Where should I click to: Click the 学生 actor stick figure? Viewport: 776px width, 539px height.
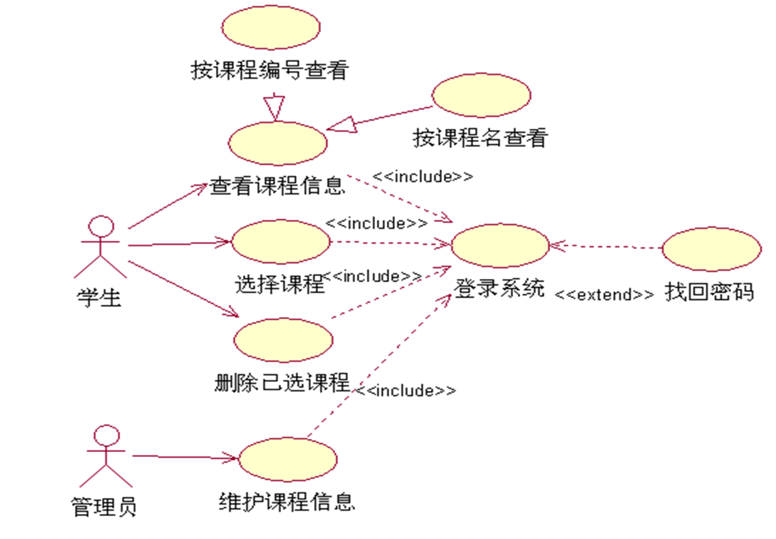point(100,247)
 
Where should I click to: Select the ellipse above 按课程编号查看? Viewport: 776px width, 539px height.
point(271,27)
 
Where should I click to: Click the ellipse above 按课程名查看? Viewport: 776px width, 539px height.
point(481,95)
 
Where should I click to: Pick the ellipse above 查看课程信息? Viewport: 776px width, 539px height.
point(278,144)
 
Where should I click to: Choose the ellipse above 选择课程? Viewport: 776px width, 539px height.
point(280,241)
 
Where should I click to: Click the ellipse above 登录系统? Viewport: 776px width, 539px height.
point(499,246)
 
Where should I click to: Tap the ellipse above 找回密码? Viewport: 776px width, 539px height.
point(712,249)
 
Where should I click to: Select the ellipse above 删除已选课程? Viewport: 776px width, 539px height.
point(283,340)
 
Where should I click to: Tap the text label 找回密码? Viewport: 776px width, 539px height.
point(709,292)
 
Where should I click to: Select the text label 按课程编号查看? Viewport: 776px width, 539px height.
point(269,70)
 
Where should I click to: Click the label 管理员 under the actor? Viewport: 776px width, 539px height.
point(104,506)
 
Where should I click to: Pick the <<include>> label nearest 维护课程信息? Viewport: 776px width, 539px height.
point(406,391)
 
